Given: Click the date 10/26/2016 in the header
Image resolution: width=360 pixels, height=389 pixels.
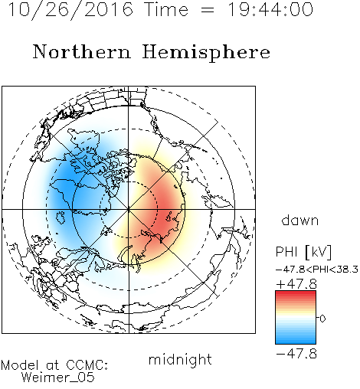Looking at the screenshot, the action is tap(70, 10).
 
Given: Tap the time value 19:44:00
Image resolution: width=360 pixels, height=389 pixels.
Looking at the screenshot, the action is tap(270, 9).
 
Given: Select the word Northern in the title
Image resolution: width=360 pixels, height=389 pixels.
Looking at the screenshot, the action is tap(82, 51).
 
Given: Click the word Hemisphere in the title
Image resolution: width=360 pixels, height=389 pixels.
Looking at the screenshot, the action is tap(206, 53).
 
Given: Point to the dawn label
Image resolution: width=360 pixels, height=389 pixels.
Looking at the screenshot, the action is tap(300, 220).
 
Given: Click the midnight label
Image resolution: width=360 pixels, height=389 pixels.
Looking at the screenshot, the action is tap(180, 359).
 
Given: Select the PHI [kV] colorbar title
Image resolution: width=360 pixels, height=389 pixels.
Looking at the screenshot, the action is tap(303, 252).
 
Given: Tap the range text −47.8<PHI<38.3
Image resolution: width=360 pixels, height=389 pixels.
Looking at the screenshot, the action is tap(317, 270).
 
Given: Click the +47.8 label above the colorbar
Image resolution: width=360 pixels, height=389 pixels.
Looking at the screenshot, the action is tap(296, 284).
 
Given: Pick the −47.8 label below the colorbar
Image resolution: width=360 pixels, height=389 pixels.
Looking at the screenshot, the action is tap(296, 354).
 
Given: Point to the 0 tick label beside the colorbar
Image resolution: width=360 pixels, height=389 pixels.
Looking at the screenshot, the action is tap(322, 319).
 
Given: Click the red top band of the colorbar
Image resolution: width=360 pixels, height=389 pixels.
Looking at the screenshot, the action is tap(296, 293).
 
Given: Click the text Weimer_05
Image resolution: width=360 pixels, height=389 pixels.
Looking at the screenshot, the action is tap(58, 377).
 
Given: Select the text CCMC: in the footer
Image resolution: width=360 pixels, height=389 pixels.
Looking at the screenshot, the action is tap(87, 365).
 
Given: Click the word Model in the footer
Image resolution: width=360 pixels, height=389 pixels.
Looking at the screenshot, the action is tap(21, 365).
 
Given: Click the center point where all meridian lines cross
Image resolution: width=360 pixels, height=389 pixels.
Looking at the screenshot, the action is tap(129, 210).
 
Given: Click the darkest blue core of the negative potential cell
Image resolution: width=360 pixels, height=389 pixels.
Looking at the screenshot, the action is tap(66, 184).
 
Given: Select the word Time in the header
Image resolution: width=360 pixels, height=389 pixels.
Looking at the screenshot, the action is tap(166, 9).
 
